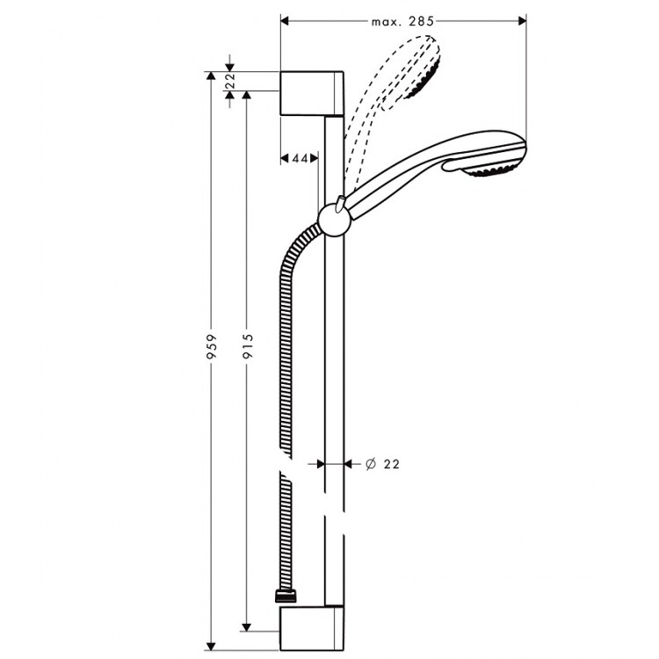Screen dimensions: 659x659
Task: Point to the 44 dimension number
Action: (x=299, y=158)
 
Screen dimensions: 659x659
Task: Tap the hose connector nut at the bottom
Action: (x=283, y=597)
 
